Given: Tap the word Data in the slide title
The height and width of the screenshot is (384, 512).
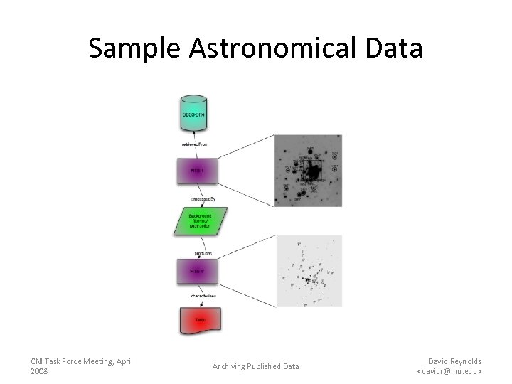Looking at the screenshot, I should (x=395, y=48).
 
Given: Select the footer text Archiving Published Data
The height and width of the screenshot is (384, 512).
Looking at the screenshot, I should (x=255, y=366).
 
